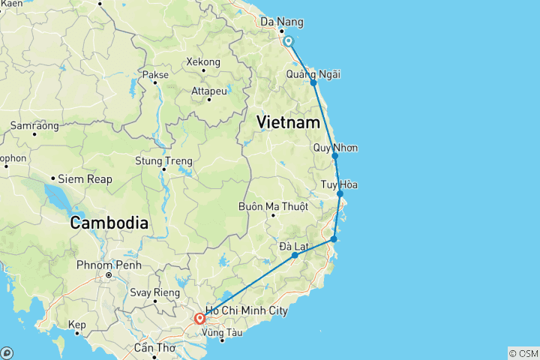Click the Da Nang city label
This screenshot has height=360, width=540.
[x=277, y=22]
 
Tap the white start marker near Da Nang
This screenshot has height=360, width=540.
[x=288, y=42]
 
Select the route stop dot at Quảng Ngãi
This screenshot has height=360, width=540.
[x=313, y=82]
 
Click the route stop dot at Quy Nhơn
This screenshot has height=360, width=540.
[x=335, y=156]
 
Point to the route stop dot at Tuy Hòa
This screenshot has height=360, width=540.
[x=340, y=194]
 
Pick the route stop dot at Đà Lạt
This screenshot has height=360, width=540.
[x=295, y=256]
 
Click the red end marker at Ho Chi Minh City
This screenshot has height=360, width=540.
[x=199, y=319]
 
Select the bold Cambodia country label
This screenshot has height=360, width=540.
[x=109, y=223]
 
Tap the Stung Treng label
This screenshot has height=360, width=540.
[x=163, y=161]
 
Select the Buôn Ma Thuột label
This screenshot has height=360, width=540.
[x=273, y=206]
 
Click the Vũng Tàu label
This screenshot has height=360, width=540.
[x=223, y=331]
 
